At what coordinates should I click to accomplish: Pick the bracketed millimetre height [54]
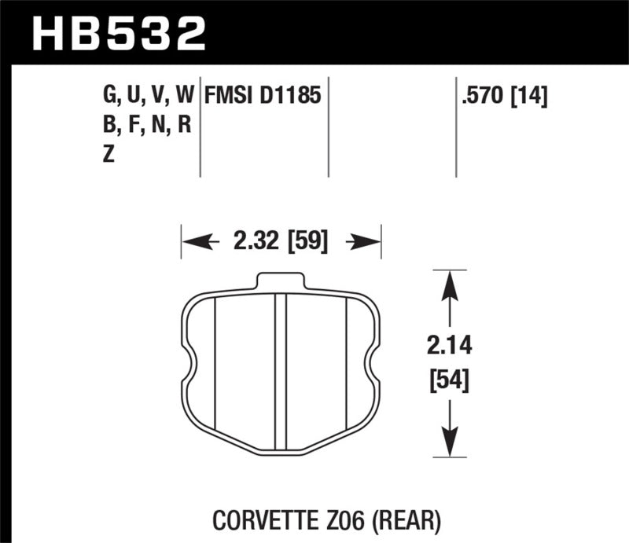point(449,382)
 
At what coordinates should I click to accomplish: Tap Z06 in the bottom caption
point(345,519)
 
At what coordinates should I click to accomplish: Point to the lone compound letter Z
point(108,155)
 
